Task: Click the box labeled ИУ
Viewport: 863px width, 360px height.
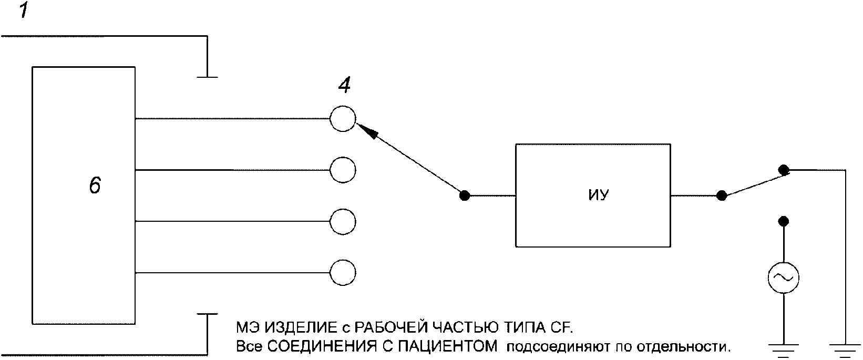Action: pos(593,195)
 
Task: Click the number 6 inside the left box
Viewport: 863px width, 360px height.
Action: pos(95,186)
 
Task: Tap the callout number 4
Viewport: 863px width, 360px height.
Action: pos(344,86)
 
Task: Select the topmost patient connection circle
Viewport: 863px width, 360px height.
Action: pos(343,118)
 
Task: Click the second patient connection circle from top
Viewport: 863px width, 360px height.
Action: pos(343,170)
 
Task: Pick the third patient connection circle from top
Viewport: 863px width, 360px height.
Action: pos(343,221)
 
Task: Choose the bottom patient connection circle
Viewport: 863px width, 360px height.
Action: pos(343,272)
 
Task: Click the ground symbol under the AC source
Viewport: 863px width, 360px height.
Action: pos(783,347)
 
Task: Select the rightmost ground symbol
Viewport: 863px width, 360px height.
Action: pos(845,347)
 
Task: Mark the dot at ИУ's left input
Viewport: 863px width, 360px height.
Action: pos(464,196)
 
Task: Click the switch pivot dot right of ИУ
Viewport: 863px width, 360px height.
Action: pos(722,196)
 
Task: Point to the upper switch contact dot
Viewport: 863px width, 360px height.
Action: pos(783,170)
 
